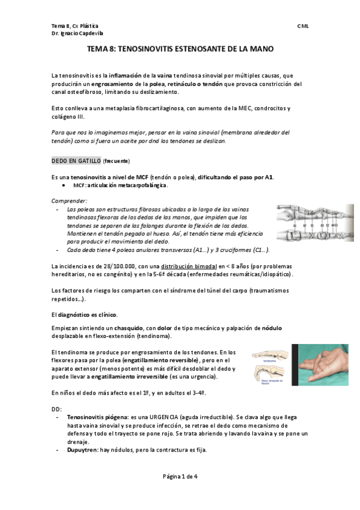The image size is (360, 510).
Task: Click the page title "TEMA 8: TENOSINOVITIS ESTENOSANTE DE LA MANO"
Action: tap(180, 49)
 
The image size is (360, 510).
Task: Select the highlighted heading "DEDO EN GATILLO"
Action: tap(76, 161)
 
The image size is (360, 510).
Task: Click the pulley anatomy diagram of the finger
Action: tap(307, 223)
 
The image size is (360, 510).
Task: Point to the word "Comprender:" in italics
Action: tap(70, 200)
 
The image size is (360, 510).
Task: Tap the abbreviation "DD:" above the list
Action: tap(56, 408)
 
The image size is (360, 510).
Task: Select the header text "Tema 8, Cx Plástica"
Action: tap(75, 27)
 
